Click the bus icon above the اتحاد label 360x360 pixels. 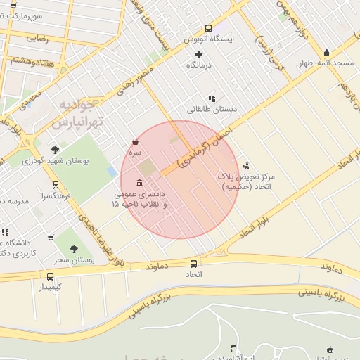[193, 264]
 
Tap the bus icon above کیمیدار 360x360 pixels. [50, 276]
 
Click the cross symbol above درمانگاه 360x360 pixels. [199, 55]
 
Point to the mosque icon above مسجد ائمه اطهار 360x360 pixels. [326, 53]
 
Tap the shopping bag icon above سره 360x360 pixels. [135, 142]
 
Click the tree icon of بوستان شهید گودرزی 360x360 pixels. [55, 150]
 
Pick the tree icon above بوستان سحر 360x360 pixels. [73, 249]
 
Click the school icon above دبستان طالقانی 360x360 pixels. [210, 99]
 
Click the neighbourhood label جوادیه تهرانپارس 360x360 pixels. [77, 114]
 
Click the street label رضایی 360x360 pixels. [36, 39]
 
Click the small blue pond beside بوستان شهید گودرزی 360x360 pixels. [112, 171]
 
